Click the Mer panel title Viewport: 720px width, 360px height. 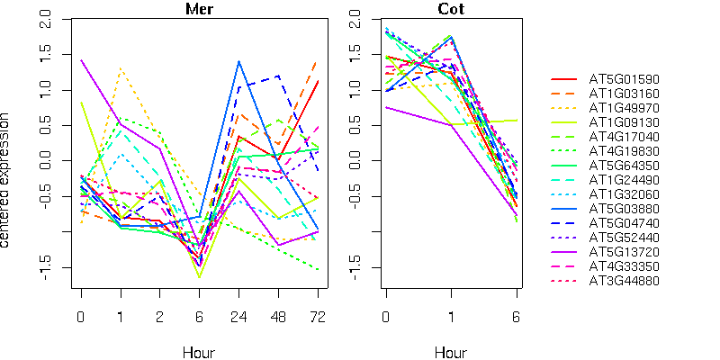click(199, 9)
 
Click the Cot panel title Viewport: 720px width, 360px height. click(452, 9)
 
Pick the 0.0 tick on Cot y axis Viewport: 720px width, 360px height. click(355, 161)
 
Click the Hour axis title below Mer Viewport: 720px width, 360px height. click(199, 353)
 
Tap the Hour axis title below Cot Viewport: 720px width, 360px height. click(452, 353)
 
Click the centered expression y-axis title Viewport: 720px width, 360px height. click(8, 180)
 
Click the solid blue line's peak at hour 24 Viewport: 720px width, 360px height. click(238, 61)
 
